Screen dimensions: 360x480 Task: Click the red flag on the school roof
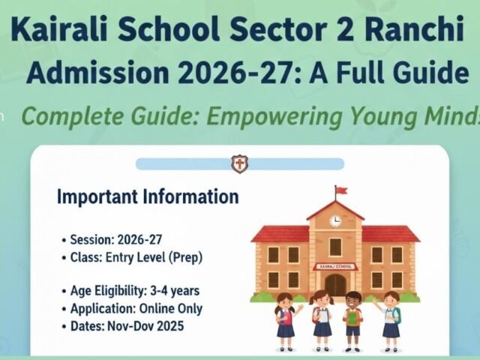[x=340, y=190]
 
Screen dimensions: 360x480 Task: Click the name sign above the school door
[x=335, y=266]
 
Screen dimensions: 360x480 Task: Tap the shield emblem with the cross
[x=239, y=163]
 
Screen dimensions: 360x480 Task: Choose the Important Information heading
[x=148, y=197]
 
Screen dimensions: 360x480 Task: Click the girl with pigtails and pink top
[x=285, y=315]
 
